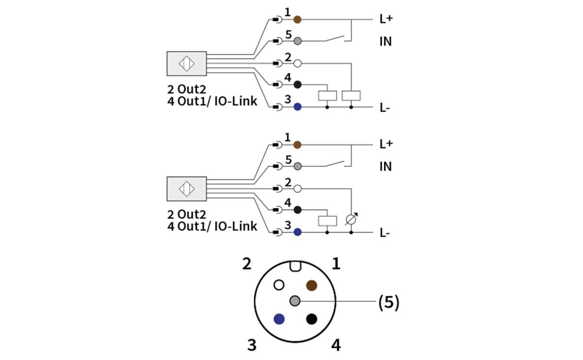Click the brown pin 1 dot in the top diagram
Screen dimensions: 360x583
click(297, 19)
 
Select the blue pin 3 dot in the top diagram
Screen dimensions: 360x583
click(297, 107)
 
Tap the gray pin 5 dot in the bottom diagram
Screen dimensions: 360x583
click(297, 166)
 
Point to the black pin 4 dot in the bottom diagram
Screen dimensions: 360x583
click(297, 210)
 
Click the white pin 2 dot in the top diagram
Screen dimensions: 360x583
click(297, 63)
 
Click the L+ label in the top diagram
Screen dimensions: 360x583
click(386, 19)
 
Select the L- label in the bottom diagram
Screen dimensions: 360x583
click(385, 233)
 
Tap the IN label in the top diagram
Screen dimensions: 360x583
click(385, 42)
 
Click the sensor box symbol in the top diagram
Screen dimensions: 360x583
click(187, 64)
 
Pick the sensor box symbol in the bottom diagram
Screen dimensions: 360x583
click(187, 189)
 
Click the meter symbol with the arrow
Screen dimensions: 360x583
click(351, 220)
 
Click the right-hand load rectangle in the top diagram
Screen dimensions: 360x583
click(351, 95)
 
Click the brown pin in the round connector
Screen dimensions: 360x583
click(311, 285)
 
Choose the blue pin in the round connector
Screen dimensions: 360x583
click(279, 319)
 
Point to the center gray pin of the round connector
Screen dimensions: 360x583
click(295, 301)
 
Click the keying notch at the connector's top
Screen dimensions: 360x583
click(295, 266)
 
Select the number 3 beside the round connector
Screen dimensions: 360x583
click(252, 345)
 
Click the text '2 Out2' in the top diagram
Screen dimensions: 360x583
click(187, 89)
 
